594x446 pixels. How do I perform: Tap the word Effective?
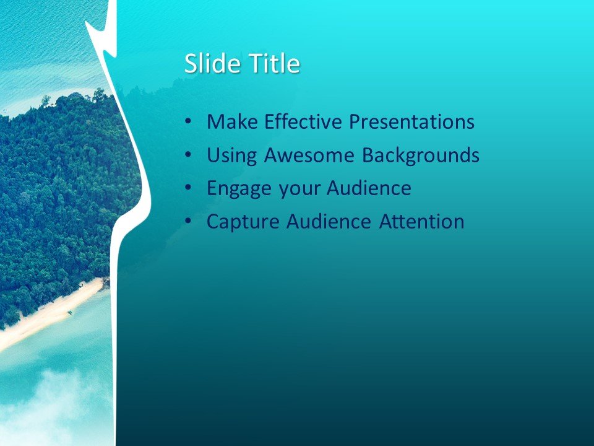(x=303, y=121)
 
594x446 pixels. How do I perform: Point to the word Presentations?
(x=411, y=121)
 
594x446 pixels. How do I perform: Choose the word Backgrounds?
(x=421, y=155)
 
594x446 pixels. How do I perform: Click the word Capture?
(x=243, y=222)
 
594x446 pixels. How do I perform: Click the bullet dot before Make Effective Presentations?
(x=188, y=122)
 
